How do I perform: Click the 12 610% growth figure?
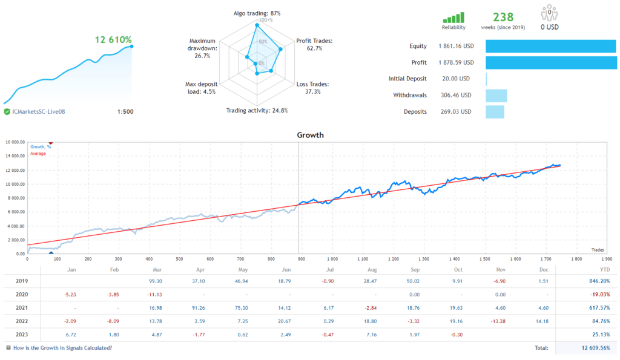(x=113, y=40)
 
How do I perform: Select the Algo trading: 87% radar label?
(x=257, y=13)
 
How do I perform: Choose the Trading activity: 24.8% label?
(x=257, y=111)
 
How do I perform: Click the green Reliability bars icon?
(x=453, y=18)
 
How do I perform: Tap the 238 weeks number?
(x=503, y=17)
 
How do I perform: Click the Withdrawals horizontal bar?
(x=496, y=95)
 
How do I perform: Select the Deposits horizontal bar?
(x=495, y=111)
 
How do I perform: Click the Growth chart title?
(x=310, y=135)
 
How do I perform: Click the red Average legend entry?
(x=38, y=154)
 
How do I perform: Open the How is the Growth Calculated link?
(x=62, y=348)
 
